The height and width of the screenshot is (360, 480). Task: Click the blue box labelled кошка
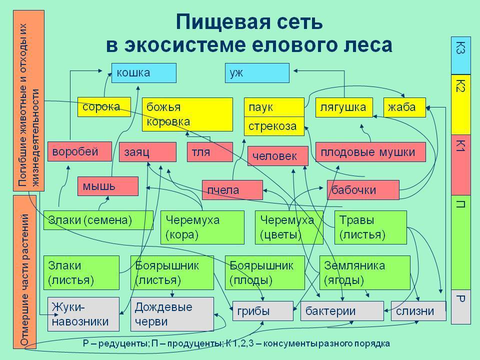[x=143, y=73]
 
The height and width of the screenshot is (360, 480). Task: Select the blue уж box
[x=257, y=73]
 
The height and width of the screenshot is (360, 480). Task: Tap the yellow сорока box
[x=103, y=107]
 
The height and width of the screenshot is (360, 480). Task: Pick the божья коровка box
[x=187, y=114]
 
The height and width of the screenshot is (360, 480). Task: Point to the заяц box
[x=147, y=152]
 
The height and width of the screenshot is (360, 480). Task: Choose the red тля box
[x=210, y=152]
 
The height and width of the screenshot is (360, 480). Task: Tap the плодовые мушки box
[x=370, y=152]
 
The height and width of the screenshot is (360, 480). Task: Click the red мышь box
[x=107, y=186]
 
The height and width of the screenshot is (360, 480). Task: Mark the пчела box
[x=232, y=190]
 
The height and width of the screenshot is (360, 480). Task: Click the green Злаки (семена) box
[x=98, y=220]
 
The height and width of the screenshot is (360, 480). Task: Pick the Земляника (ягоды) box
[x=364, y=273]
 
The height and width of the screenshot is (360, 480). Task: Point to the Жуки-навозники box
[x=83, y=314]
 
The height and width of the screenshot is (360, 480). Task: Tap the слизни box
[x=417, y=311]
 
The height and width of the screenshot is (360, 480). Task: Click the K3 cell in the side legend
[x=461, y=55]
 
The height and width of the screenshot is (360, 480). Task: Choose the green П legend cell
[x=461, y=242]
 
